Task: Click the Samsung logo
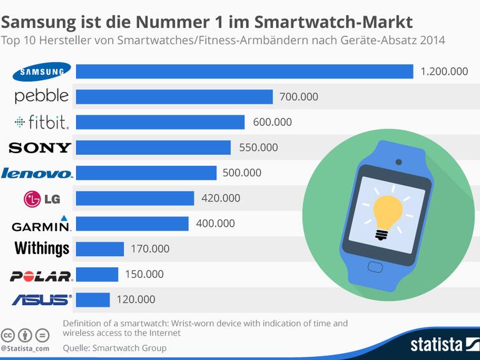tap(42, 72)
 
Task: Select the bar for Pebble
tap(174, 97)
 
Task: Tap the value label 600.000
tap(272, 122)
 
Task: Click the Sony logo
tap(40, 148)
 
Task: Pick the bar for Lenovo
tap(146, 173)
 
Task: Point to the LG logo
tap(41, 199)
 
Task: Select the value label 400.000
tap(215, 224)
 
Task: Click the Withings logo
tap(42, 249)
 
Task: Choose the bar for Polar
tap(97, 274)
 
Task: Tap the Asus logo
tap(42, 300)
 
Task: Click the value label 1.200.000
tap(444, 72)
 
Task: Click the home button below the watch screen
tap(376, 267)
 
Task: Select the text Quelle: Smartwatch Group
tap(114, 348)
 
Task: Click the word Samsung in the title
tap(38, 23)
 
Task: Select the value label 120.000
tap(135, 300)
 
